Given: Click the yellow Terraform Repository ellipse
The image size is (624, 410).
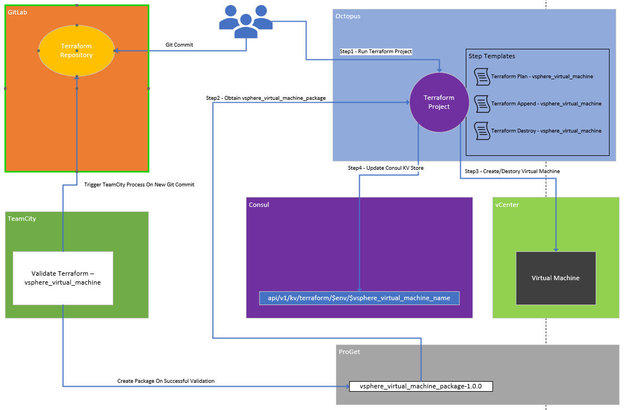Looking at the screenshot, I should click(77, 50).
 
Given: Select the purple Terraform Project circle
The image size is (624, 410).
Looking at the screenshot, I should click(439, 102).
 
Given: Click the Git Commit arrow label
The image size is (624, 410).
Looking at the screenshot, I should click(179, 45).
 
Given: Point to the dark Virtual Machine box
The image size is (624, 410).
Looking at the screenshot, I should click(556, 278).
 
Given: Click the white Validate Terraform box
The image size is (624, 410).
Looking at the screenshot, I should click(63, 278).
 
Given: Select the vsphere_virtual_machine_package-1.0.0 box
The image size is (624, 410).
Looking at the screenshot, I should click(420, 386).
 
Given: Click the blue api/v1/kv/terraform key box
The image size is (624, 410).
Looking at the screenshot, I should click(359, 298).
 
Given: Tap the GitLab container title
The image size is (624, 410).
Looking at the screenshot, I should click(17, 12).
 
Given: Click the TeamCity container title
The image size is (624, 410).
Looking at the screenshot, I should click(22, 219).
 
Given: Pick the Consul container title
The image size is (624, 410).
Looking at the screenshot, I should click(259, 205).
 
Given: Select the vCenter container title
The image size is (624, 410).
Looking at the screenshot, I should click(506, 205).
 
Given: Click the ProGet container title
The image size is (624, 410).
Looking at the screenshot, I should click(349, 352).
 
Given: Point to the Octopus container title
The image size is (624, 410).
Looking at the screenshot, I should click(348, 16).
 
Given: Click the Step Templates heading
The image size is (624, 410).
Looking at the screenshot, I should click(492, 56).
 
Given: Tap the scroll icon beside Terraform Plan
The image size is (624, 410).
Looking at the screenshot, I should click(481, 77).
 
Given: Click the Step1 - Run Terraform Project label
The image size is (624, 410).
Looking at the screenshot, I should click(376, 52).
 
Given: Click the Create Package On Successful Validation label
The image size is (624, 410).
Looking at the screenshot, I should click(166, 381).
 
